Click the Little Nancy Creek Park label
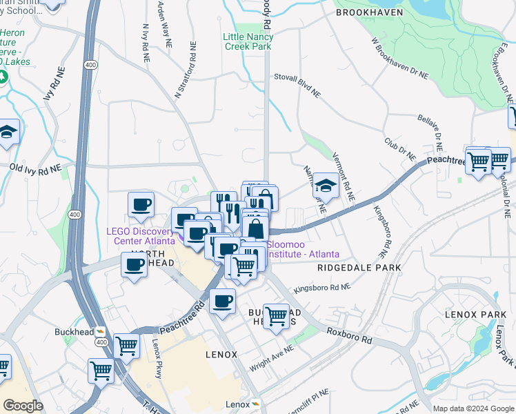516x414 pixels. [246, 41]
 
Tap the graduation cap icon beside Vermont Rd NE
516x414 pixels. [326, 186]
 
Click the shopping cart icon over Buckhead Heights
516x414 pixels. [276, 317]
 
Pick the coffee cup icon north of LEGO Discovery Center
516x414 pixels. [141, 204]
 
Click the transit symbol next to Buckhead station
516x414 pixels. [101, 331]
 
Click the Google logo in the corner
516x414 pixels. [23, 406]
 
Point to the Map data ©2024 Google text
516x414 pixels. [473, 408]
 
